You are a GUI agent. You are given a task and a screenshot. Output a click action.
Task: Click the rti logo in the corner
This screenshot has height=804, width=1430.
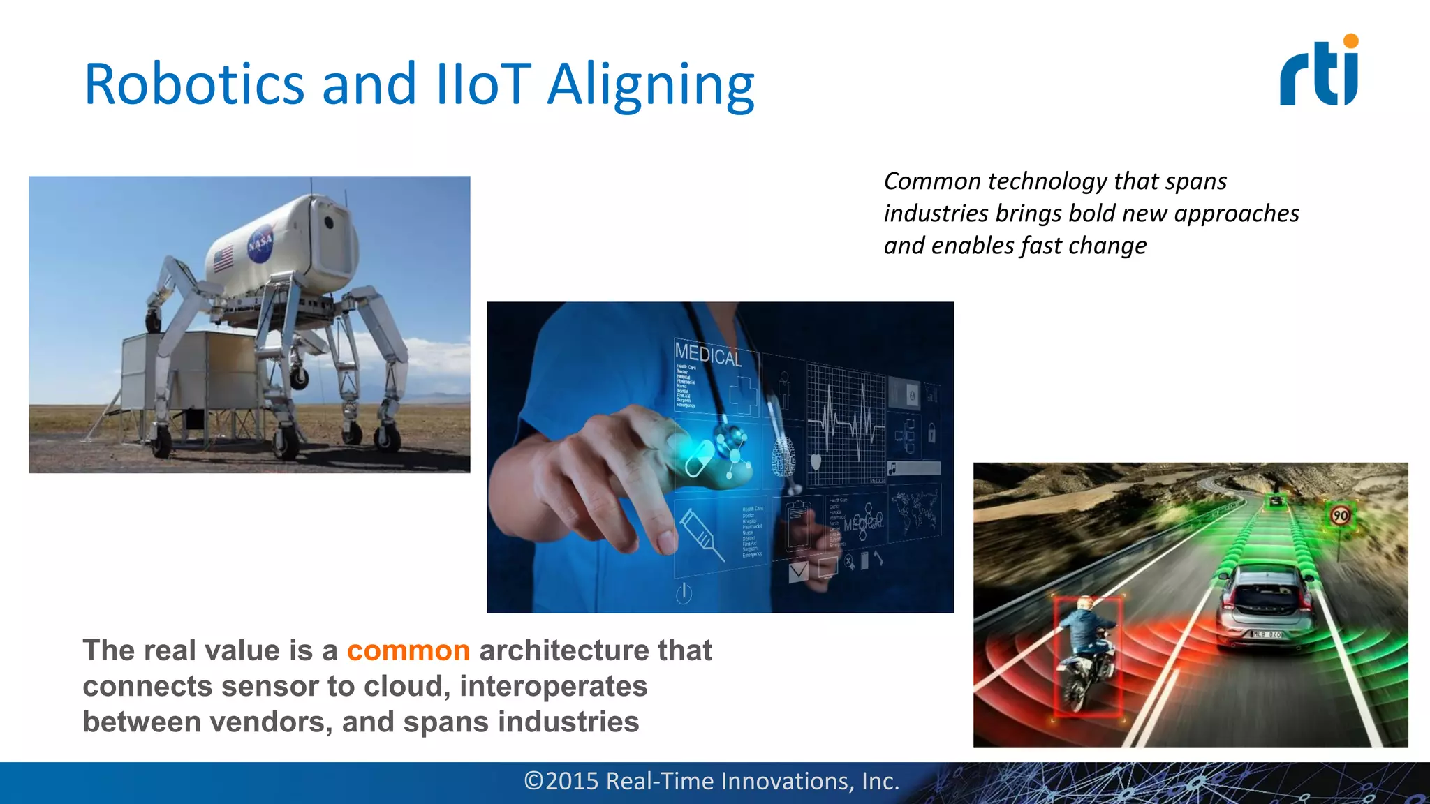[1318, 71]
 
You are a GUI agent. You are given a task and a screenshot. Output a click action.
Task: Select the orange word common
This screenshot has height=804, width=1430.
[408, 650]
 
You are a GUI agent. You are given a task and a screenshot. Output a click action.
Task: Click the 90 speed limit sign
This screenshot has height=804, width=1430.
[1340, 516]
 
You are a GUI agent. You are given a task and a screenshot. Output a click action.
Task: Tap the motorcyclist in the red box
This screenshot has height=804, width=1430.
[1086, 653]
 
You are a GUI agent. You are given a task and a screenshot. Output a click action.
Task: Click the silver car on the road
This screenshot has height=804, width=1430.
[1265, 608]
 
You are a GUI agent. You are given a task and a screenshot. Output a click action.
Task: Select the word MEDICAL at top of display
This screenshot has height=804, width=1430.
[707, 355]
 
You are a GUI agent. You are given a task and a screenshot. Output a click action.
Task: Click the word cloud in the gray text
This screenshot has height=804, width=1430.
[404, 686]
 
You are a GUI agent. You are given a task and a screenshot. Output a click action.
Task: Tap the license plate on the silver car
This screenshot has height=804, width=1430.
[1265, 634]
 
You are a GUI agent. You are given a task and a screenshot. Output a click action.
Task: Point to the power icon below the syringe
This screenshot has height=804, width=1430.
[684, 593]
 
